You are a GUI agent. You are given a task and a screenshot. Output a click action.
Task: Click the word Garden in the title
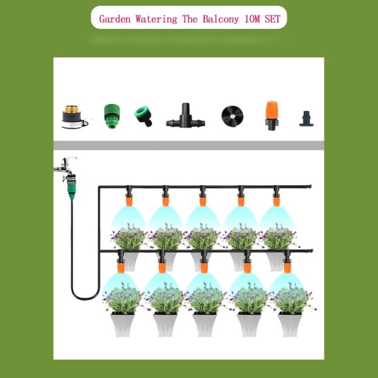(116, 18)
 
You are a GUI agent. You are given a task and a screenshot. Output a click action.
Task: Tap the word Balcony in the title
(220, 18)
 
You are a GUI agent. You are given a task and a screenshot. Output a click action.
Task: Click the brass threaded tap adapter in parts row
(74, 115)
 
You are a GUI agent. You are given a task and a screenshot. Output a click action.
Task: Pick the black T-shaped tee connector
(185, 116)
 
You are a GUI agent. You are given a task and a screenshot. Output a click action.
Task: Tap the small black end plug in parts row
(307, 118)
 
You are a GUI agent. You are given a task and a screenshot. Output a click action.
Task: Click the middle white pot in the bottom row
(205, 324)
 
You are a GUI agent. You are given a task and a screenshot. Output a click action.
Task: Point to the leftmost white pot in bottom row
(123, 324)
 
